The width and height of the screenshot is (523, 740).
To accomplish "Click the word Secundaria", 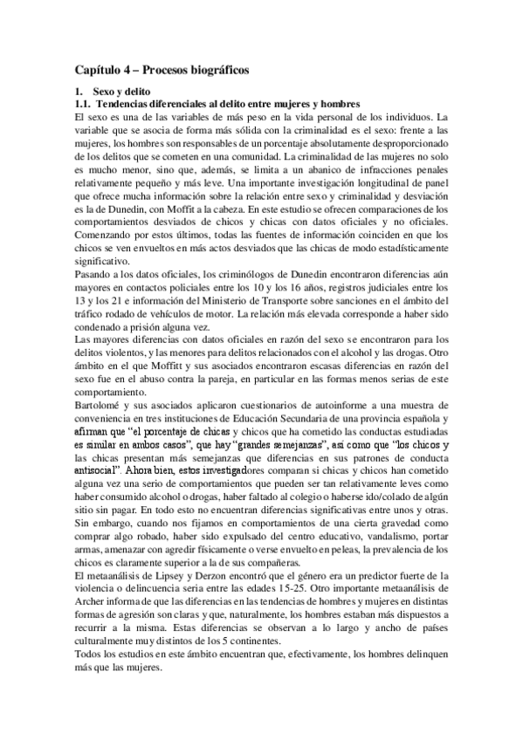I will pos(290,417).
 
